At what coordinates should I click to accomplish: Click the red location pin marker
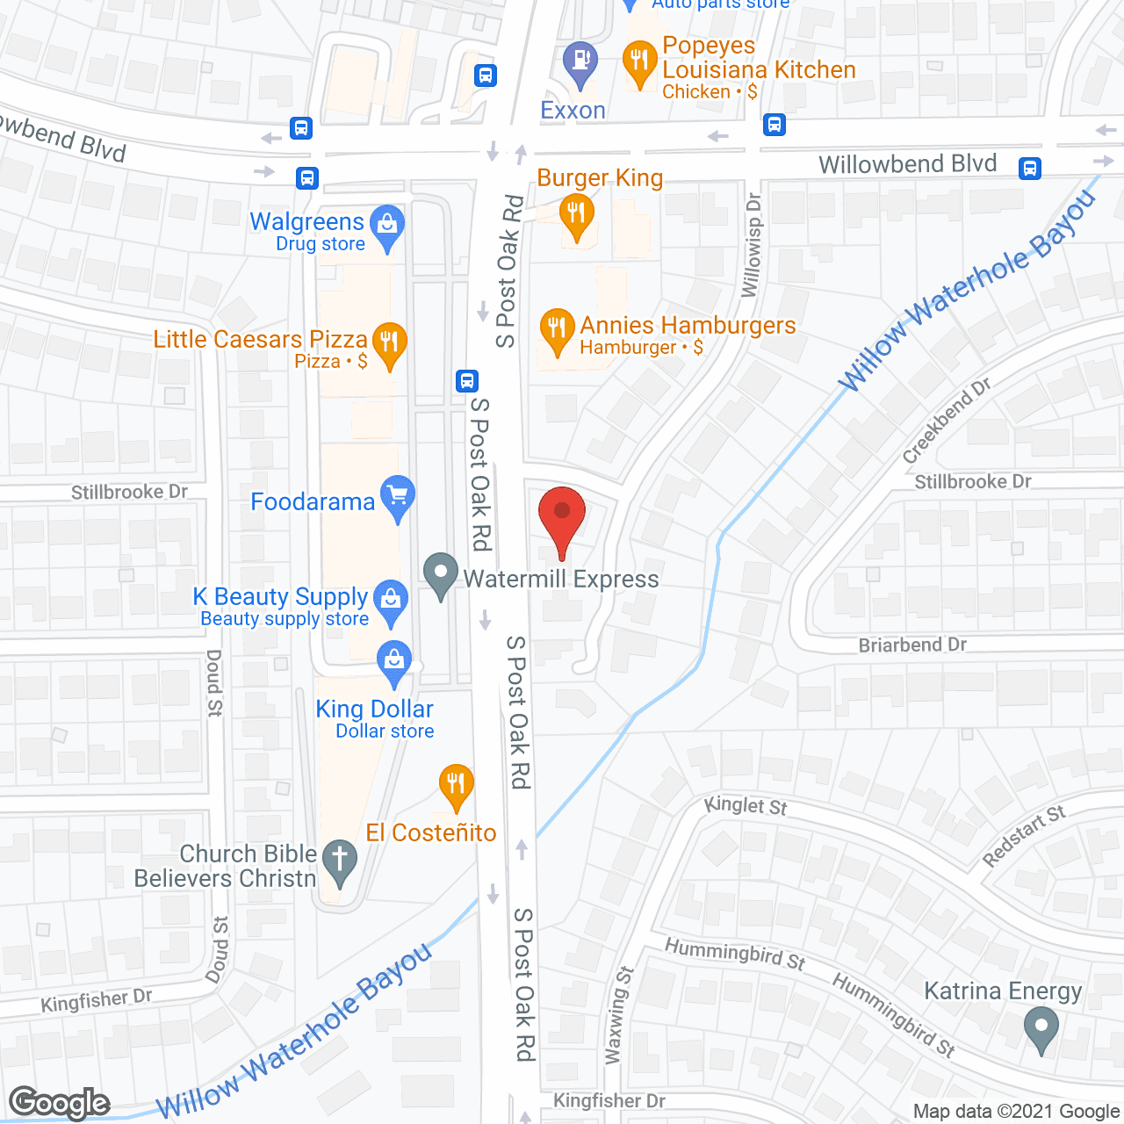(x=562, y=515)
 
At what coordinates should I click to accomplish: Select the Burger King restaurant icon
(x=577, y=214)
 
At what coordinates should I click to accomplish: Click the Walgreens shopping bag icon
(x=387, y=225)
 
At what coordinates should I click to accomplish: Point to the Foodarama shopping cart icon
(x=398, y=495)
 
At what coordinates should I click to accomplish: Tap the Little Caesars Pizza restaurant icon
(x=389, y=342)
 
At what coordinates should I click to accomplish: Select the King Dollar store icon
(x=394, y=660)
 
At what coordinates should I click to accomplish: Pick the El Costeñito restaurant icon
(x=456, y=783)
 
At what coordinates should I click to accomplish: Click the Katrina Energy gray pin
(x=1041, y=1027)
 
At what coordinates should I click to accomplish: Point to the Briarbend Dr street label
(x=912, y=645)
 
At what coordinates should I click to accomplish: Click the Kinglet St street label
(x=746, y=805)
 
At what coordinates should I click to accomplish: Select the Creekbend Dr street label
(x=947, y=421)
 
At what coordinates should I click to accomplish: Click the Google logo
(x=60, y=1103)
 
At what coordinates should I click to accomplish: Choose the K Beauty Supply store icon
(x=391, y=601)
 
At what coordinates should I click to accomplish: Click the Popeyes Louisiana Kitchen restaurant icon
(x=639, y=61)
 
